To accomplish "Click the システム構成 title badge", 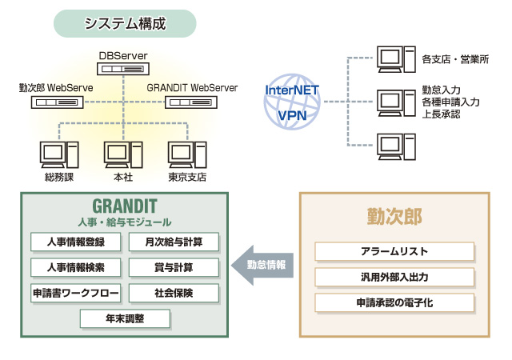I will click(x=125, y=23).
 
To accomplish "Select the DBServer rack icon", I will click(x=125, y=70).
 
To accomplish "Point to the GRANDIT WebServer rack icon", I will click(x=192, y=102).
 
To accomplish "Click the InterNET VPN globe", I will click(x=292, y=101).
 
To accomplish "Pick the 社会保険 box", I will click(x=173, y=293).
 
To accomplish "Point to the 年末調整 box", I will click(x=125, y=318).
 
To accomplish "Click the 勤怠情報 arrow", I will click(x=261, y=263).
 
